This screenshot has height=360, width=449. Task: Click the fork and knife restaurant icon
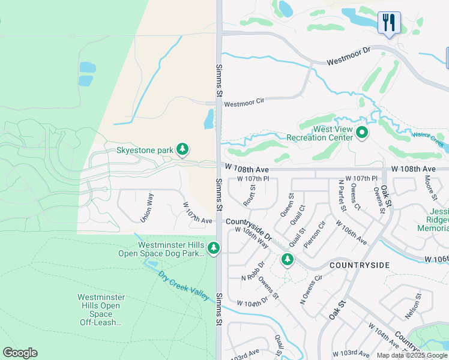[x=389, y=23]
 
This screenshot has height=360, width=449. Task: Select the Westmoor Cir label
[x=244, y=103]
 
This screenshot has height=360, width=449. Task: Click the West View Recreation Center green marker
[x=361, y=133]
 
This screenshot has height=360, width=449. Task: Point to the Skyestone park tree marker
[x=183, y=149]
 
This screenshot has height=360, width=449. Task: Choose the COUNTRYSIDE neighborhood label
[x=360, y=265]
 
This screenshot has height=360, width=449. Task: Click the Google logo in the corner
[x=20, y=353]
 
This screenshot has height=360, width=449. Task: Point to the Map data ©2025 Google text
[x=412, y=355]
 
